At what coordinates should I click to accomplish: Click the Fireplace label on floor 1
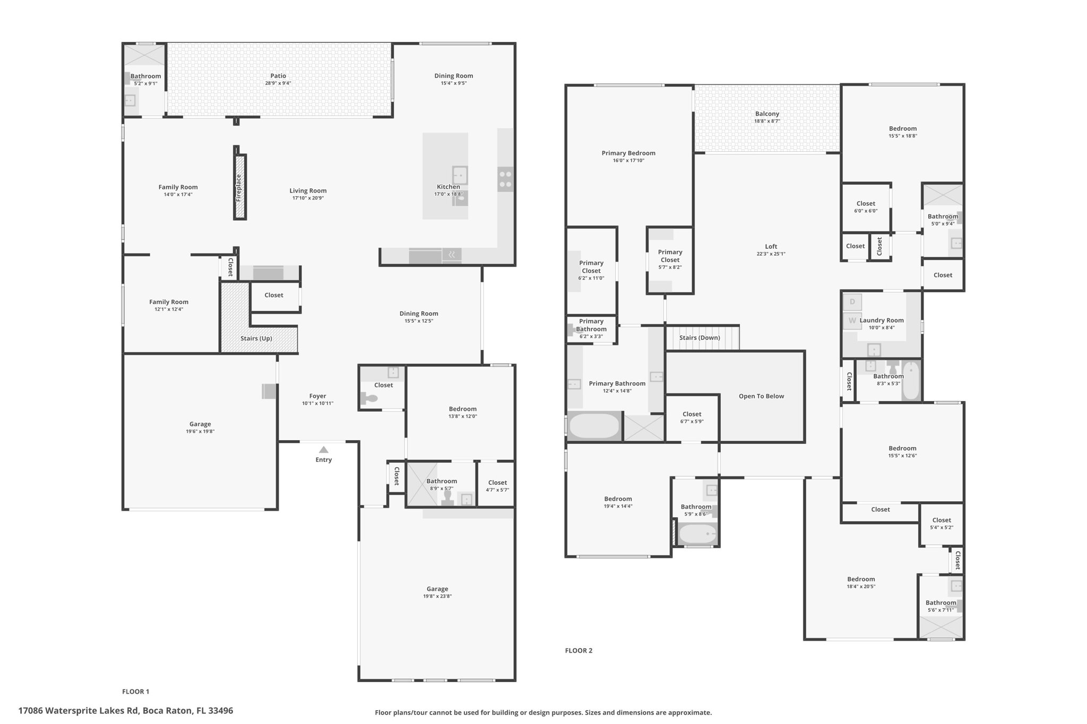[x=239, y=187]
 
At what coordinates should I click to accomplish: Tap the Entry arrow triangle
[x=323, y=450]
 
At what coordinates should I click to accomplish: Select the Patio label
[x=278, y=76]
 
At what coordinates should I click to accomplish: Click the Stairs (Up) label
[x=256, y=338]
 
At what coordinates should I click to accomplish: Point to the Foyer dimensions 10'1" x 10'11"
[x=317, y=404]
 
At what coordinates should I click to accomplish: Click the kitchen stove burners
[x=505, y=179]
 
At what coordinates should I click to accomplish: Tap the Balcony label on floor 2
[x=767, y=114]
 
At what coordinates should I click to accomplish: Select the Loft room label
[x=771, y=246]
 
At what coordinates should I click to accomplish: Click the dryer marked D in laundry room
[x=852, y=302]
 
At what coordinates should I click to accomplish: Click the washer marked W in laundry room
[x=852, y=321]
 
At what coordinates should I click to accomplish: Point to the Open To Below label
[x=761, y=396]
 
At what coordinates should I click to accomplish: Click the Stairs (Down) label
[x=700, y=338]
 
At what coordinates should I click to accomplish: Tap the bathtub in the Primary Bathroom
[x=594, y=426]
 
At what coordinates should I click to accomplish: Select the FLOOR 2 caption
[x=579, y=651]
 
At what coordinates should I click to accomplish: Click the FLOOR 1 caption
[x=136, y=692]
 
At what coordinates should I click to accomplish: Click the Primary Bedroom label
[x=628, y=153]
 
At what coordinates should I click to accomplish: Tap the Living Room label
[x=308, y=191]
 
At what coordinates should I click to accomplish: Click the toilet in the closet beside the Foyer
[x=369, y=398]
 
